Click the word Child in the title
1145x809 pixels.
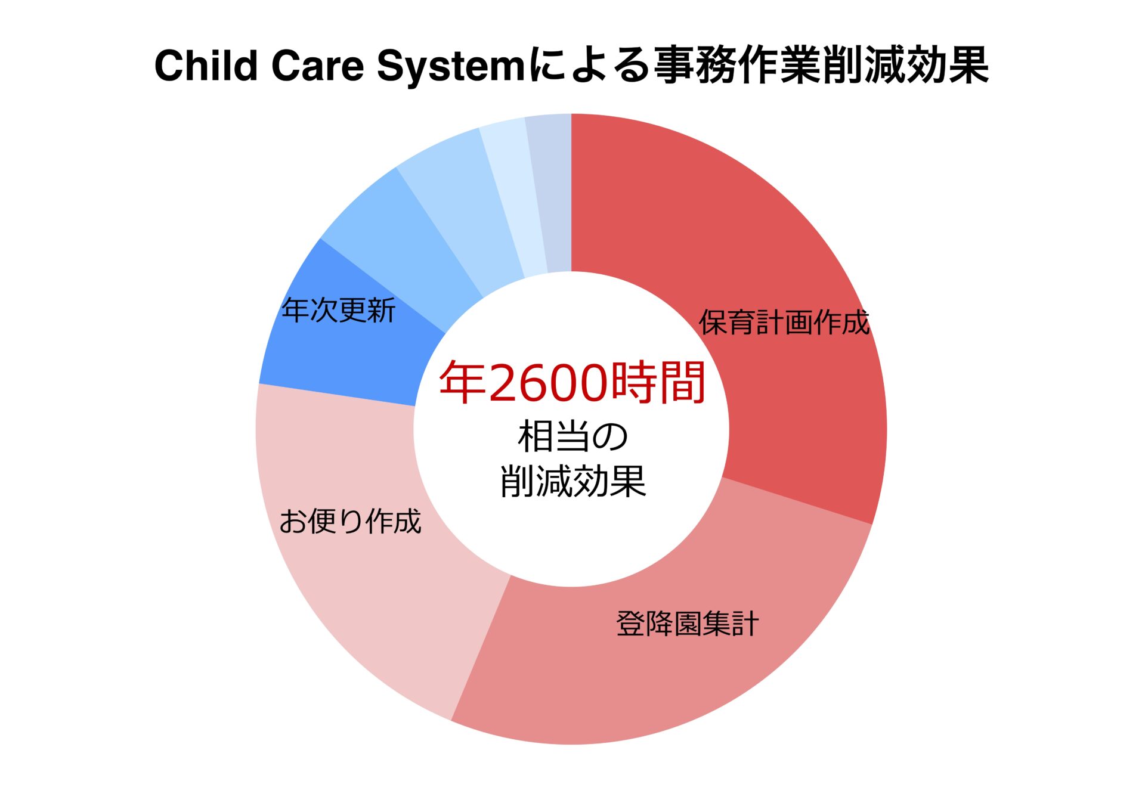pyautogui.click(x=206, y=65)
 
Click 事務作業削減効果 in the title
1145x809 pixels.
pyautogui.click(x=822, y=65)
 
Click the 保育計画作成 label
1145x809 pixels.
pyautogui.click(x=784, y=323)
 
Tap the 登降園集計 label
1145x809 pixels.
pyautogui.click(x=688, y=624)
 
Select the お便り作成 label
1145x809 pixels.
pyautogui.click(x=351, y=521)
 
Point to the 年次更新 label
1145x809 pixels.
pyautogui.click(x=339, y=310)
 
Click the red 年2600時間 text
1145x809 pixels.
pyautogui.click(x=572, y=382)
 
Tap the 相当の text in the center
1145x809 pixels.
pyautogui.click(x=572, y=437)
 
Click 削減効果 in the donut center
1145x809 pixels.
pyautogui.click(x=572, y=481)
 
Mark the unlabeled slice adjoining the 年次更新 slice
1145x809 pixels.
pyautogui.click(x=406, y=238)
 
